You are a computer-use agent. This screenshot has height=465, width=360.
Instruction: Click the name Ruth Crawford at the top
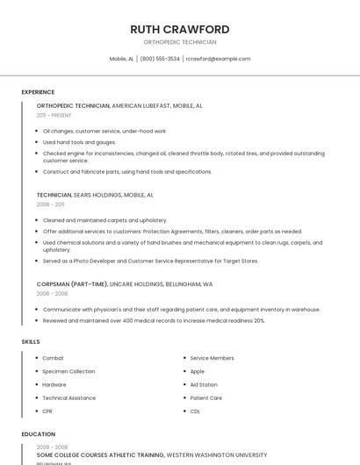coord(179,29)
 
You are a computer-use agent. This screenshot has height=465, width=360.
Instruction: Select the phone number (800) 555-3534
coord(160,59)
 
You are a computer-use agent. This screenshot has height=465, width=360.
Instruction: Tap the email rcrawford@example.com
coord(219,59)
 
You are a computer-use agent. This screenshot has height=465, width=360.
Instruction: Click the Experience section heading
coord(38,92)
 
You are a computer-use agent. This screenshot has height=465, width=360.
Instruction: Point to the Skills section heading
coord(31,341)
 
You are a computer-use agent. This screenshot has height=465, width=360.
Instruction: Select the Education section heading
coord(39,434)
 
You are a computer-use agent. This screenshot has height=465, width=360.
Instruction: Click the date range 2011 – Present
coord(54,115)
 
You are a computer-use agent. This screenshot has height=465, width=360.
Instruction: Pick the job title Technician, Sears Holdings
coord(95,195)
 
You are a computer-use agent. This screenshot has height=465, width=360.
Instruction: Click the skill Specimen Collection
coord(68,371)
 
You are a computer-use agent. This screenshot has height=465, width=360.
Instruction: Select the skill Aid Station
coord(204,384)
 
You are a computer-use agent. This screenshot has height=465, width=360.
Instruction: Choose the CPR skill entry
coord(47,411)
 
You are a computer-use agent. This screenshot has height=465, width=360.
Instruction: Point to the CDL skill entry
coord(195,411)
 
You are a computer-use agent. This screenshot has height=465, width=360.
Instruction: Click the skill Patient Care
coord(205,397)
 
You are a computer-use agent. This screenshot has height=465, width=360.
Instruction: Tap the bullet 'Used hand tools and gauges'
coord(79,142)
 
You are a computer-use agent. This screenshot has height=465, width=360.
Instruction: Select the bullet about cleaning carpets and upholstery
coord(104,220)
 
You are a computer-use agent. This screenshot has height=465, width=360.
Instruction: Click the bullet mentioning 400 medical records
coord(154,320)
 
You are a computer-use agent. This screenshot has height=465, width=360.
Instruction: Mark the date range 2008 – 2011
coord(50,204)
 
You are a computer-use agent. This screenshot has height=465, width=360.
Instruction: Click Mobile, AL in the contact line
coord(121,59)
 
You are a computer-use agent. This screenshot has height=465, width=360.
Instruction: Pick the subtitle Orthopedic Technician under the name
coord(179,42)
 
